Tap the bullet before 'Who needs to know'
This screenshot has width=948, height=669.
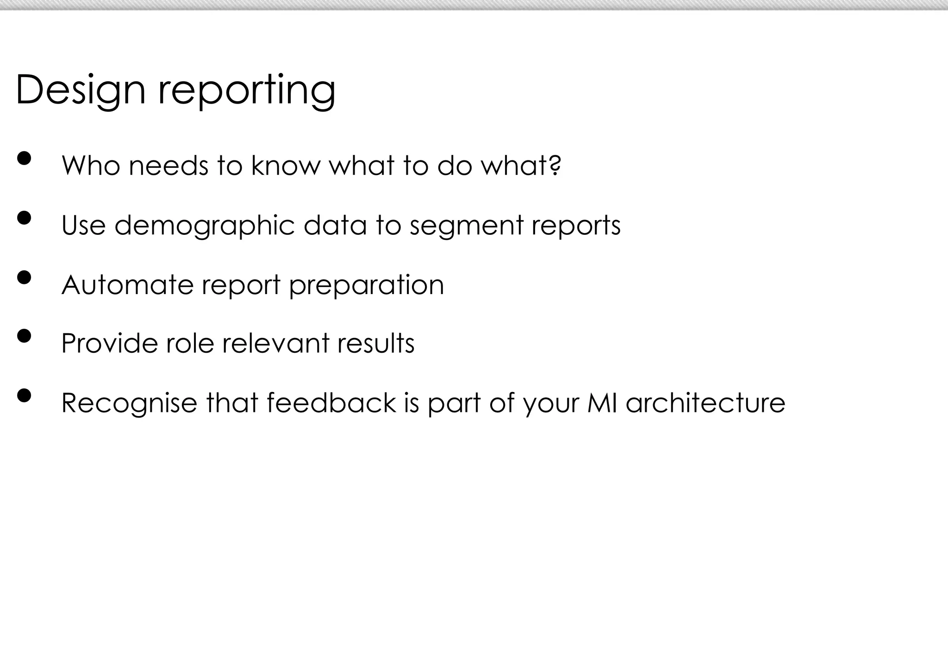(24, 159)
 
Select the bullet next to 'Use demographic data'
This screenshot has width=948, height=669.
(24, 218)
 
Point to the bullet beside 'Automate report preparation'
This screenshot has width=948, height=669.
(24, 277)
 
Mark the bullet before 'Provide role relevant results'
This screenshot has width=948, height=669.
(24, 336)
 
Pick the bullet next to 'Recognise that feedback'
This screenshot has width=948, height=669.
(24, 395)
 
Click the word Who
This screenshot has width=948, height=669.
(91, 165)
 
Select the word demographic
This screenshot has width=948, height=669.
(204, 226)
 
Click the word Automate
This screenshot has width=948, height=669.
(127, 284)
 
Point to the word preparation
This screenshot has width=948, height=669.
(366, 285)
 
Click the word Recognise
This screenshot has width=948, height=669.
(129, 403)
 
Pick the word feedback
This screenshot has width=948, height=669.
(331, 402)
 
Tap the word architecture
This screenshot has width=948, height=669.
(705, 402)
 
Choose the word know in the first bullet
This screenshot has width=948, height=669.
(286, 165)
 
